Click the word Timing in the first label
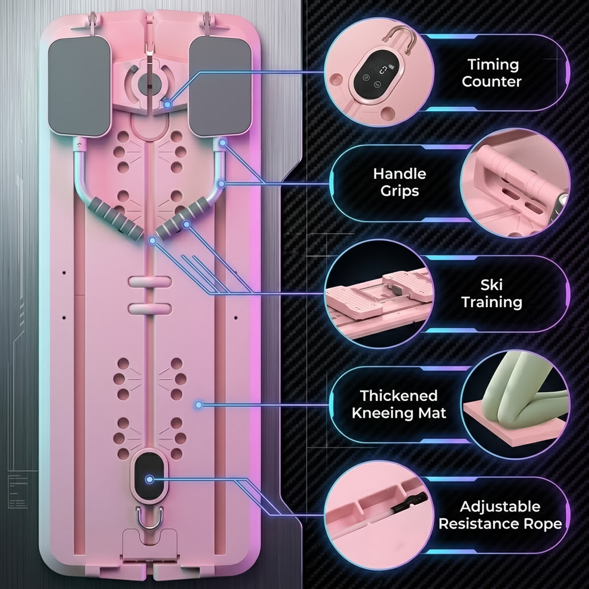click(x=493, y=65)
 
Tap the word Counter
click(x=492, y=82)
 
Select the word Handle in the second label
click(x=400, y=174)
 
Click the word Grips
click(x=400, y=191)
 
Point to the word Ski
click(x=491, y=285)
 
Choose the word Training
click(x=492, y=302)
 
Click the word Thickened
click(x=399, y=395)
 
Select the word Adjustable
click(x=500, y=507)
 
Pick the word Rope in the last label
click(x=540, y=525)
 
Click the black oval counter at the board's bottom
click(x=149, y=479)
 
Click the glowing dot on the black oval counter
click(x=149, y=479)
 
